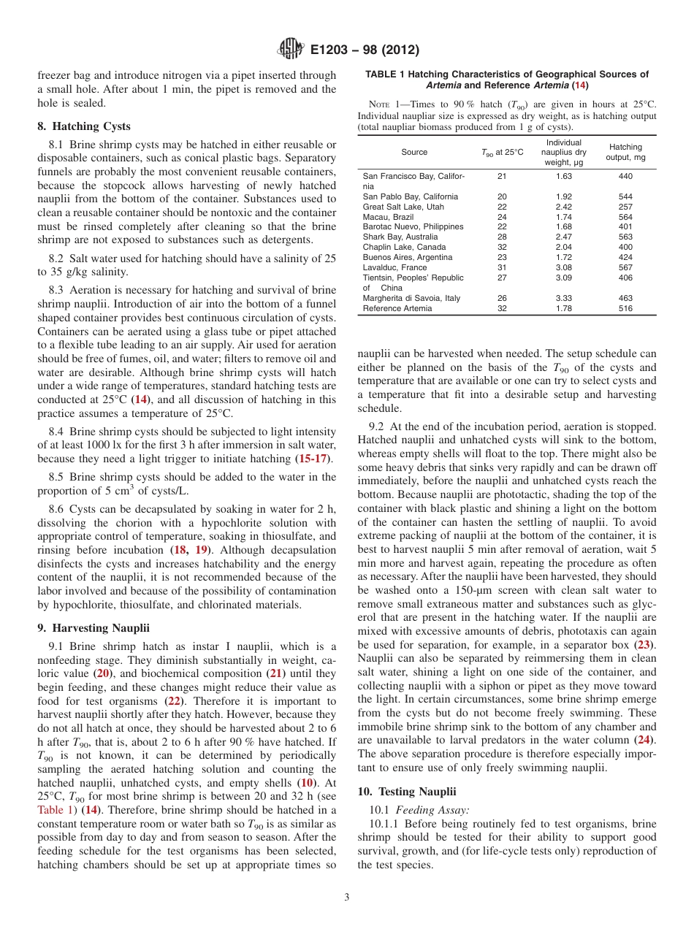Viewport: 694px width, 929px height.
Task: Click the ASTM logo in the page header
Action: tap(291, 50)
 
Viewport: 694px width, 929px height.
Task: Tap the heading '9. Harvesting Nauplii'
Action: tap(94, 627)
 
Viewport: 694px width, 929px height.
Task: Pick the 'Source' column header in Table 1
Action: tap(414, 153)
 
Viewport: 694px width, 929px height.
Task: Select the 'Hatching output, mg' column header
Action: tap(625, 153)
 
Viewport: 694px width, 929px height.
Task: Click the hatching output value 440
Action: tap(625, 176)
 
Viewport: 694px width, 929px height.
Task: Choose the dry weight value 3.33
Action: tap(563, 298)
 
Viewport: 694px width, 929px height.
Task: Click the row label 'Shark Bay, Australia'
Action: tap(400, 237)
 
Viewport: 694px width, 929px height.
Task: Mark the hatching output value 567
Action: tap(625, 267)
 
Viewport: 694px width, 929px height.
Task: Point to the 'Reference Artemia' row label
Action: tap(397, 308)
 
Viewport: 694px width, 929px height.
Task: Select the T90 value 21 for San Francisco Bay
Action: tap(502, 176)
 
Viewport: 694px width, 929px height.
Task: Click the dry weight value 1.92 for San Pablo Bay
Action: tap(563, 196)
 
